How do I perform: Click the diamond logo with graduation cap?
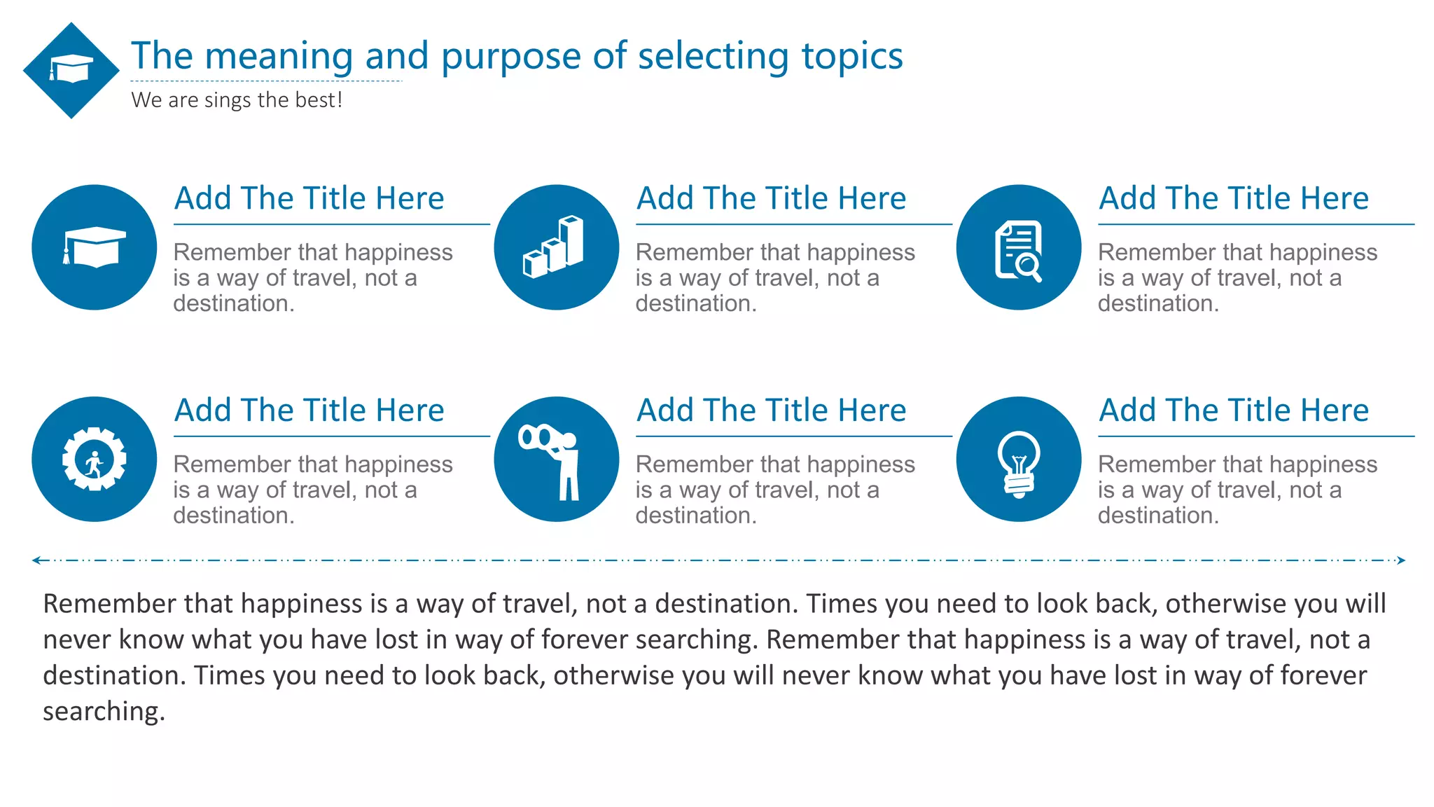(71, 70)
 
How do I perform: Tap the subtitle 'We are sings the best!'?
(237, 100)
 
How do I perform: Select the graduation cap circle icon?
(95, 247)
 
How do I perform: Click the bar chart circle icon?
(556, 247)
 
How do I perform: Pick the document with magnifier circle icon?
(1019, 247)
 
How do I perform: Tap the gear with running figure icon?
(95, 460)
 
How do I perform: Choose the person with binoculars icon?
(556, 460)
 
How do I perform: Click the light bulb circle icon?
(1019, 460)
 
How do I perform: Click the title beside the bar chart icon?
(771, 199)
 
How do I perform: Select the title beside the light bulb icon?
(1233, 411)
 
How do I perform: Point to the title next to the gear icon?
(309, 411)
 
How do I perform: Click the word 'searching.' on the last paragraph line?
(104, 712)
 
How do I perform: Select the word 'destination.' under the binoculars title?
(696, 516)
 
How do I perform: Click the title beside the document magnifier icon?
(1233, 199)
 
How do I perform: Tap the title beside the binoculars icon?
(771, 411)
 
